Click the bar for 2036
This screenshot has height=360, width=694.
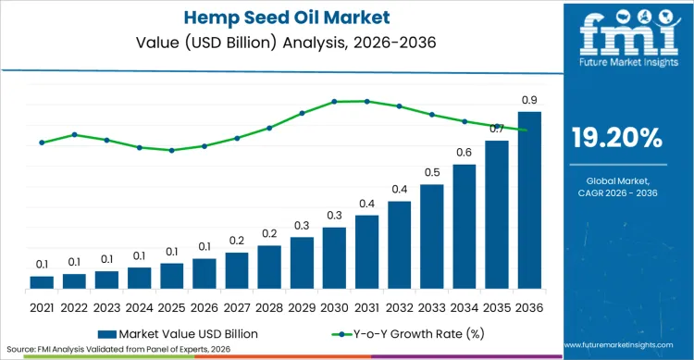click(x=529, y=200)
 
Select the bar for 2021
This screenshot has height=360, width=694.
click(x=42, y=282)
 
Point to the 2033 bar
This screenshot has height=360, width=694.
click(x=431, y=237)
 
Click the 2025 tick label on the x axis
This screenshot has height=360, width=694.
click(x=172, y=306)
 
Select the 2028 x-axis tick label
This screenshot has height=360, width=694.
click(x=269, y=306)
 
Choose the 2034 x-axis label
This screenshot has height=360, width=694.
click(x=465, y=306)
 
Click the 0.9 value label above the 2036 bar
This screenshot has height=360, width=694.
click(x=529, y=100)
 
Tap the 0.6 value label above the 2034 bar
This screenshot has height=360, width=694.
click(x=465, y=153)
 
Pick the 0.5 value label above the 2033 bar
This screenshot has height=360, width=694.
click(x=431, y=172)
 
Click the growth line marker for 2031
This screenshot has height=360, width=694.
click(x=366, y=101)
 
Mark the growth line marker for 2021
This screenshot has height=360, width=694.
click(x=42, y=143)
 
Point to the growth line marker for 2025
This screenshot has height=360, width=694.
click(x=172, y=150)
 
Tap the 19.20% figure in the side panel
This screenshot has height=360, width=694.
click(x=616, y=139)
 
